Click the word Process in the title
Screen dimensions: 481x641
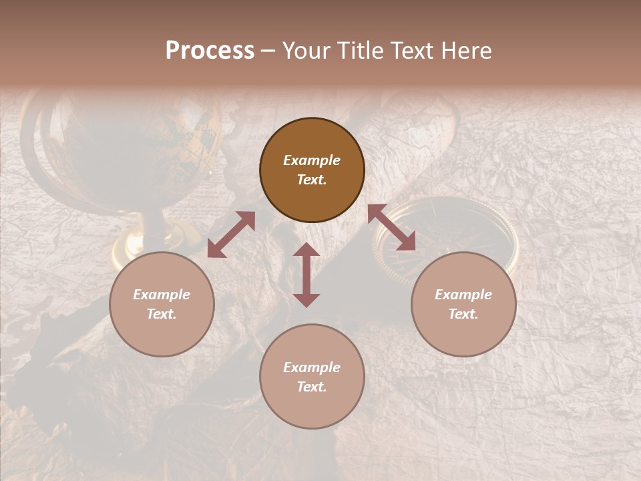click(210, 51)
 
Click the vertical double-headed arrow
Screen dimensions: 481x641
click(306, 275)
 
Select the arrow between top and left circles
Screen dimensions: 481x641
click(231, 234)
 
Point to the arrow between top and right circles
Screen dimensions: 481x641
click(391, 228)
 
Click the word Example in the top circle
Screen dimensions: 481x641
click(312, 160)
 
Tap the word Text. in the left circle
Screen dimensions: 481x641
click(162, 314)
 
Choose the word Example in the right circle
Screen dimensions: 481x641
click(463, 295)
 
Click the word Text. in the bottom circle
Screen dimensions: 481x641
click(312, 387)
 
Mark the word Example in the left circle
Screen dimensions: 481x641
click(162, 295)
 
